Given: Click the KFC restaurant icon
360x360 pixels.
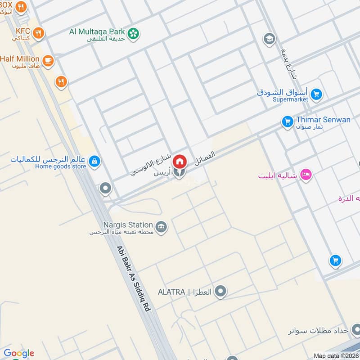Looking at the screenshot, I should click(38, 32).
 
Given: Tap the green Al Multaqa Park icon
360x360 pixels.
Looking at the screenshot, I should click(133, 33).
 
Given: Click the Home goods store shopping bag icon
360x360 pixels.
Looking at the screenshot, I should click(94, 161).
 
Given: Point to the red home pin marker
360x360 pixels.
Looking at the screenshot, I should click(180, 161).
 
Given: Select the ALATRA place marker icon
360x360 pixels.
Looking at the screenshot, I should click(220, 292).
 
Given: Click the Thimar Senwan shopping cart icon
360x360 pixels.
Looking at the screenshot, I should click(287, 121).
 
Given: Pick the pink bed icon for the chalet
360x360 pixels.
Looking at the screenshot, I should click(306, 175).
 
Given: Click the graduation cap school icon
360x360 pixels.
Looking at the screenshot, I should click(269, 39).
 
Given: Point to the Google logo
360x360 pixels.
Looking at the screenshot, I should click(19, 353).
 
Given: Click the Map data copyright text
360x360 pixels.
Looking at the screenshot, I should click(335, 355).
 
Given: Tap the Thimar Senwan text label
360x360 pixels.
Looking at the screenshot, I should click(323, 120).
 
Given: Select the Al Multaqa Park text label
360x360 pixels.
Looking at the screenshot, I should click(97, 31).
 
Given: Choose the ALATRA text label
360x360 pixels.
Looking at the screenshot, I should click(171, 292).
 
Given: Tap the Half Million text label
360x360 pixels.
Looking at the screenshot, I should click(19, 58).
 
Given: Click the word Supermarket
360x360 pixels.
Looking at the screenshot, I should click(290, 99).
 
